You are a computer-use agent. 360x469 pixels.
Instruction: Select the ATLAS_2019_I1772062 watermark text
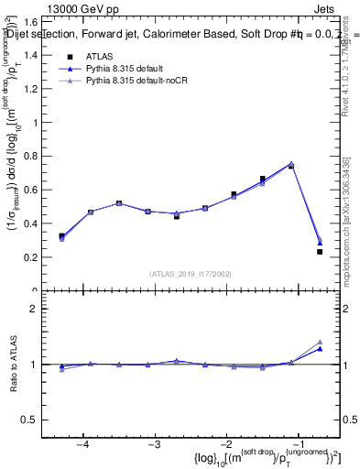tap(191, 273)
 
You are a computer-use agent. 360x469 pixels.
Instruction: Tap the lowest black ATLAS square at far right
tap(320, 252)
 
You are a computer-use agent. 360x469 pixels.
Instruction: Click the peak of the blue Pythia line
tap(291, 164)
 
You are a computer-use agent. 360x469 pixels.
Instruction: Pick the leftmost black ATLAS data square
tap(61, 236)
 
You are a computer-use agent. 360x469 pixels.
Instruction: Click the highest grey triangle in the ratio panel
tap(320, 342)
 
